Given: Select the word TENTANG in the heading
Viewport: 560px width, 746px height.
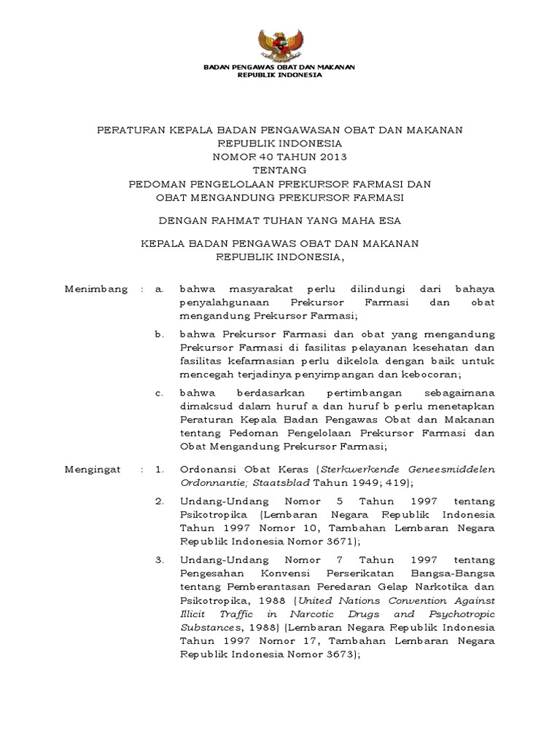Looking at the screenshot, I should (279, 170).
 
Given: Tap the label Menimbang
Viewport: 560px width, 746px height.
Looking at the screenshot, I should (96, 289).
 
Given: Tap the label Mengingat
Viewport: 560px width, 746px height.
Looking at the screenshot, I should (93, 470).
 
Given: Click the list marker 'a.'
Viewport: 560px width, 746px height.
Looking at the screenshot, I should (159, 289).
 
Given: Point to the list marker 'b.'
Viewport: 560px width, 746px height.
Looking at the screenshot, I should (159, 334).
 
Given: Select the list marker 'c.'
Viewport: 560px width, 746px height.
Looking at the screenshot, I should (159, 393).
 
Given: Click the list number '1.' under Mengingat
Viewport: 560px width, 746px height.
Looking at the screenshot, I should (160, 470).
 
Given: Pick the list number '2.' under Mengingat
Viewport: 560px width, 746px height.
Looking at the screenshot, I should (160, 502).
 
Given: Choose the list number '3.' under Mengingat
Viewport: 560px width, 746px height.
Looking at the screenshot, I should (160, 560).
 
